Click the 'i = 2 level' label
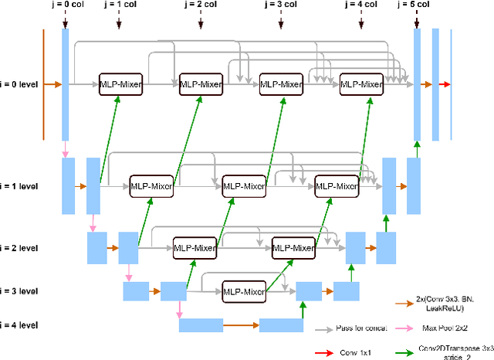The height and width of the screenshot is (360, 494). (22, 248)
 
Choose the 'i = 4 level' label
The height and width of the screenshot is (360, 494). (22, 325)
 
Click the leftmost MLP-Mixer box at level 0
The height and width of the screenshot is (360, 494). (121, 84)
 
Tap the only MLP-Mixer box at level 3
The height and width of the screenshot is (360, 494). (244, 291)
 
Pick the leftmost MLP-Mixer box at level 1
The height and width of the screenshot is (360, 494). (151, 186)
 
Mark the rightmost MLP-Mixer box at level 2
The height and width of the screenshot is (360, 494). (293, 248)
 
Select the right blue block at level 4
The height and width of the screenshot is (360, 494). (281, 325)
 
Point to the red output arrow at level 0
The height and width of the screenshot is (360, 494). (446, 83)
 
